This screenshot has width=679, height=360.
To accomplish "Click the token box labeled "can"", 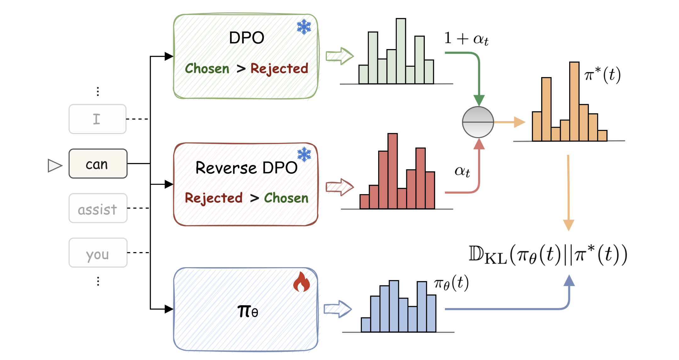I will pos(98,164).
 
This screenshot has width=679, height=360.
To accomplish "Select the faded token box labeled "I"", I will pos(98,119).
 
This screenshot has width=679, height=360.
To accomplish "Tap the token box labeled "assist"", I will pos(98,208).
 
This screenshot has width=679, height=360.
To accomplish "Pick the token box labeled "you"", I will pos(98,253).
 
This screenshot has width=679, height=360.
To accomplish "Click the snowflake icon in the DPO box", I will pos(304,27).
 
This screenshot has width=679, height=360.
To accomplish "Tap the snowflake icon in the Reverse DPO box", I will pos(304,154).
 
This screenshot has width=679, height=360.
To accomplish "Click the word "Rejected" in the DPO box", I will pos(279,68).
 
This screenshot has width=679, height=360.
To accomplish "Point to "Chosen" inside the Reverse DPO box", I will pos(286,198).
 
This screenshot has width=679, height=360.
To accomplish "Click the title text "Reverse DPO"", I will pos(246,167).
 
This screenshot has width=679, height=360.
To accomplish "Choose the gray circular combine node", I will pos(478,122).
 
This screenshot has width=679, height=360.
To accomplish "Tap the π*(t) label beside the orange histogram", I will pos(602,75).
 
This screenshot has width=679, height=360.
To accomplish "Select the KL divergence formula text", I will pos(547,255).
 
